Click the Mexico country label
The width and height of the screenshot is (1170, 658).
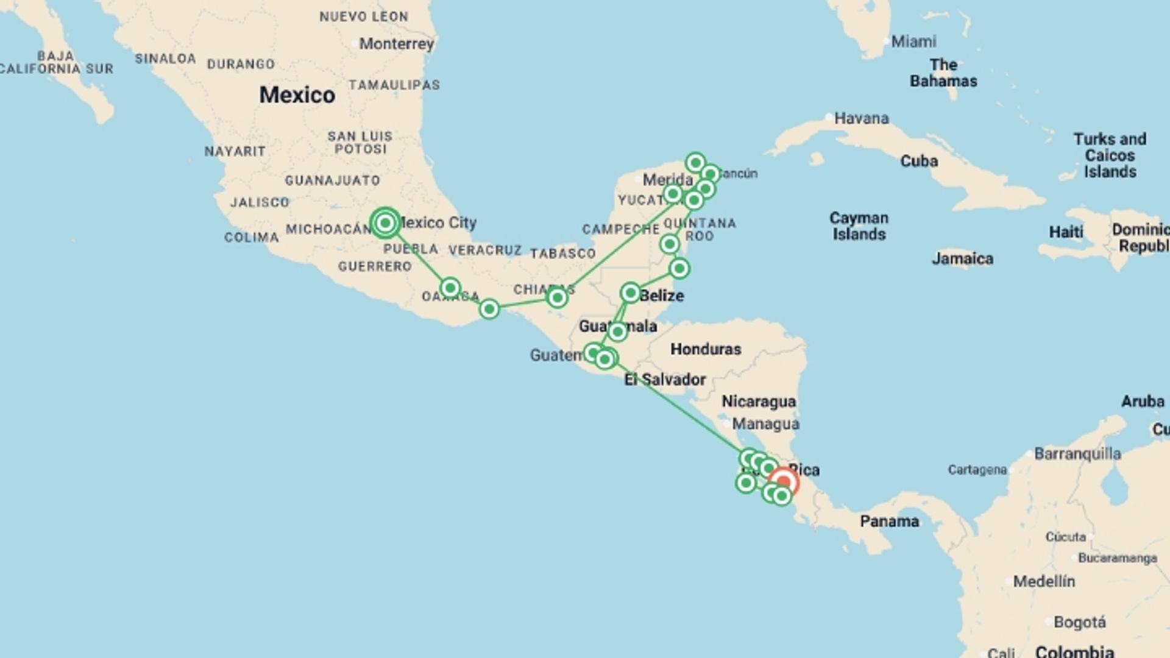point(297,95)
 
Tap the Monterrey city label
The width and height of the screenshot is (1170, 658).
point(396,44)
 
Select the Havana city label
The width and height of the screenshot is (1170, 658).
point(861,118)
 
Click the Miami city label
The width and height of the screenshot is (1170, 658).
point(913,41)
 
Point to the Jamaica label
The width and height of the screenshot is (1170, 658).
point(962,259)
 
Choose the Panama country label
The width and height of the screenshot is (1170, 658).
point(889,522)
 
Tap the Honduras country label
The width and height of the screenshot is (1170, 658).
point(706,349)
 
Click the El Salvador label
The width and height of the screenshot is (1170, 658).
point(665,380)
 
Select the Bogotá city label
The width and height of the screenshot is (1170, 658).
point(1079,622)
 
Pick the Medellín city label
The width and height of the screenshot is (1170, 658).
point(1044,581)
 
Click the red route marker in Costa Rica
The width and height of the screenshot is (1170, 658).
point(784,482)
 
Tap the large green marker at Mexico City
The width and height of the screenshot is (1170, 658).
point(385,223)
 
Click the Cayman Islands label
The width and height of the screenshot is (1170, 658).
point(859,226)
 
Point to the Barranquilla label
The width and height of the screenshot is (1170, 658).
point(1077,454)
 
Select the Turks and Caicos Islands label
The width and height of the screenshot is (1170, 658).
point(1110,155)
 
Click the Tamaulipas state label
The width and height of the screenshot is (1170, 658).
point(394,85)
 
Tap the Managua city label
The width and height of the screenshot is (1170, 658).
point(765,424)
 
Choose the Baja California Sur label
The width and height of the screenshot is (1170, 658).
point(56,62)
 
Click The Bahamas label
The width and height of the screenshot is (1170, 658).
point(943,73)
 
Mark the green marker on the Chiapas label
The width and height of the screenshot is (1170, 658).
point(557,297)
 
